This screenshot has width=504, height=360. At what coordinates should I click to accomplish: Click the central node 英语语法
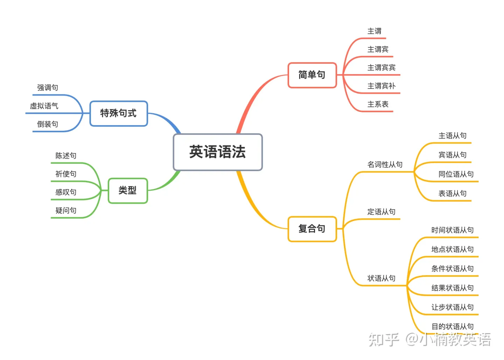[218, 152]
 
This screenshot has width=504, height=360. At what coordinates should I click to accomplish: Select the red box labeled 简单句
[312, 75]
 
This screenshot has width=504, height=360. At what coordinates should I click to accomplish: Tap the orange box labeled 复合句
[312, 229]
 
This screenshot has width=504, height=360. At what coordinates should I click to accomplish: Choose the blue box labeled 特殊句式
[118, 113]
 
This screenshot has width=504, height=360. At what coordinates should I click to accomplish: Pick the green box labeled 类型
[127, 191]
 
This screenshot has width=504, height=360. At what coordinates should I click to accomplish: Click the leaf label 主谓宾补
[381, 86]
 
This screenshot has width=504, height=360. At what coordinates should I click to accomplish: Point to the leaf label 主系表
[378, 104]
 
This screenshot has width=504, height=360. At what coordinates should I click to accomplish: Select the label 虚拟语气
[44, 106]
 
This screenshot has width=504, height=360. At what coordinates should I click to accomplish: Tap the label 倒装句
[48, 124]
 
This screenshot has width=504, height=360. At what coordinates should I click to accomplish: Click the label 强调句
[48, 88]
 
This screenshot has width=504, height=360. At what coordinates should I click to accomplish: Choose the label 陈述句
[66, 156]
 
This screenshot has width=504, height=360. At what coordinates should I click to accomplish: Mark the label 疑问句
[66, 211]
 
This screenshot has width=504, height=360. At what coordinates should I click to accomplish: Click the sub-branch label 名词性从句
[385, 164]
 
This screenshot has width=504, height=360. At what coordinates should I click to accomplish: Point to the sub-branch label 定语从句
[381, 212]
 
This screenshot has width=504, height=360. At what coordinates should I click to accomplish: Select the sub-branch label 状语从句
[381, 278]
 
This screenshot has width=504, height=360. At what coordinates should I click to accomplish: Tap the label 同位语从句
[456, 174]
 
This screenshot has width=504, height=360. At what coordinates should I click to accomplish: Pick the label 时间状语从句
[452, 230]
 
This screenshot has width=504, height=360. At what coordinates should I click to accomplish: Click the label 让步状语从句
[452, 307]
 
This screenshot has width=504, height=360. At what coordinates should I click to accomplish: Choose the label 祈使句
[66, 174]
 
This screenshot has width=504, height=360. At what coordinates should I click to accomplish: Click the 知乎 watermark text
[384, 340]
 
